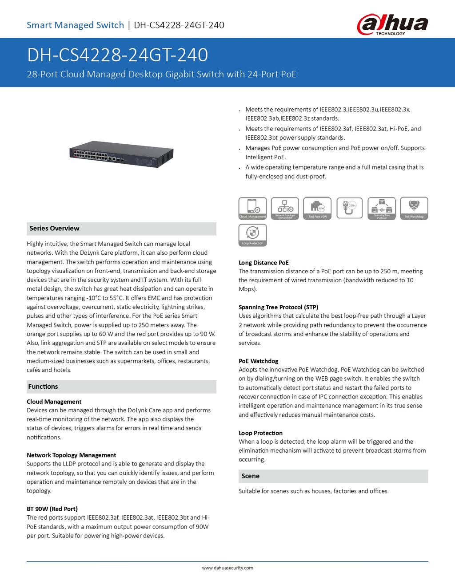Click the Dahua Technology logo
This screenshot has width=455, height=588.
(x=392, y=24)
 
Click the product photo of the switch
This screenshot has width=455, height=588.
(x=121, y=154)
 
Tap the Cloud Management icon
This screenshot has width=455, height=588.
(x=252, y=208)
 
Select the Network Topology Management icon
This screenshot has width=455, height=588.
(x=285, y=208)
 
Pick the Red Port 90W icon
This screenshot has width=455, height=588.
(x=317, y=208)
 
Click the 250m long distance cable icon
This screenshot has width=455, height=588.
(x=350, y=208)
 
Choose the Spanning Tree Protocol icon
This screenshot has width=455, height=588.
(x=382, y=208)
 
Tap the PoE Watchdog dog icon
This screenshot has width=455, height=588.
(x=414, y=208)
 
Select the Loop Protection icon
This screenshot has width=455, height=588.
(x=252, y=235)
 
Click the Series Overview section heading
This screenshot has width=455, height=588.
(x=54, y=229)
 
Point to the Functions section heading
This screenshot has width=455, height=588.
(x=43, y=387)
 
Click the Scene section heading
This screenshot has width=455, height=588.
(x=250, y=476)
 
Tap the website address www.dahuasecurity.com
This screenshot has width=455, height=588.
(x=227, y=568)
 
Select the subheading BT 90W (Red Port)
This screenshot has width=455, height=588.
(x=52, y=509)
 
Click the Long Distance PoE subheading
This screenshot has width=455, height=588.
(x=263, y=263)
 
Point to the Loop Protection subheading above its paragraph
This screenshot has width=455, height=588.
(x=260, y=433)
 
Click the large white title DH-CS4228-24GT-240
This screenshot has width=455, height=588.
(x=117, y=55)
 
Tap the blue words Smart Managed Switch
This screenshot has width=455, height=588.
(x=75, y=25)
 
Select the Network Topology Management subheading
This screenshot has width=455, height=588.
(x=71, y=455)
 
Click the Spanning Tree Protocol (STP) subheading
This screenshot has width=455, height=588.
(x=278, y=307)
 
